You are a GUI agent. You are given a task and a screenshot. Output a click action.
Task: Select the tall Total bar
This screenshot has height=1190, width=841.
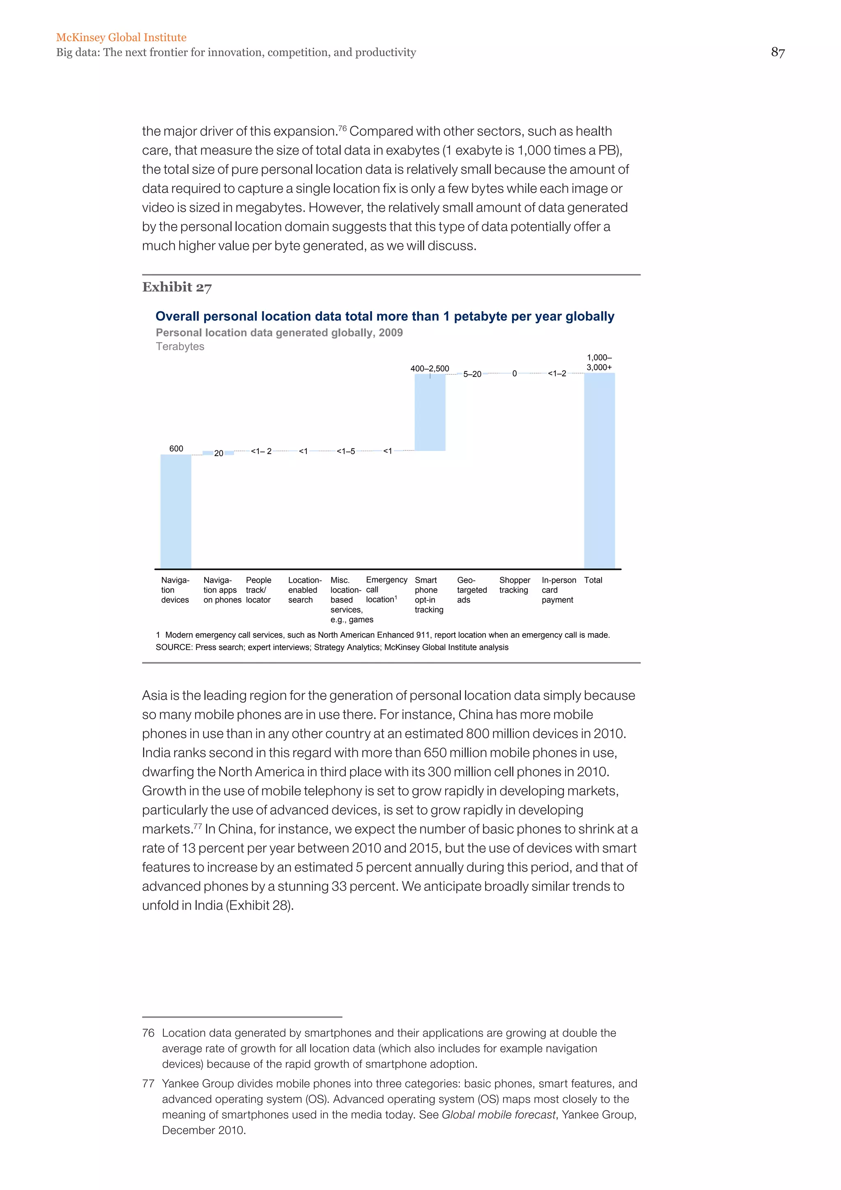click(x=599, y=470)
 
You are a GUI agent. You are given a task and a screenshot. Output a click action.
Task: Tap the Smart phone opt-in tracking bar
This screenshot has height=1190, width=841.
click(x=430, y=412)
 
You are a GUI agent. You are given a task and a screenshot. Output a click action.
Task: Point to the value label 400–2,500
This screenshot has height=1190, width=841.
click(x=430, y=369)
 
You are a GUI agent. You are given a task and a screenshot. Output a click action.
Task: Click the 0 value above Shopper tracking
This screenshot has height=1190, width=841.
click(x=514, y=374)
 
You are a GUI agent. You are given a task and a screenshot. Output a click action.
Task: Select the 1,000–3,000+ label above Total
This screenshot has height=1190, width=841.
click(x=599, y=362)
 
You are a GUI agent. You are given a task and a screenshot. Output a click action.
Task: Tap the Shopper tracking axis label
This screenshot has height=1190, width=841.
click(x=514, y=585)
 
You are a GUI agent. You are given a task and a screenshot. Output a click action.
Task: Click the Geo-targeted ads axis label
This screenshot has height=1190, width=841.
click(x=472, y=590)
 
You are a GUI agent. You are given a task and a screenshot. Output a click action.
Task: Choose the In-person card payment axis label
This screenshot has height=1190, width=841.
click(x=558, y=590)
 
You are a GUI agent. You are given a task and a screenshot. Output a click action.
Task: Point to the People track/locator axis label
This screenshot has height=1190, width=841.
click(x=258, y=590)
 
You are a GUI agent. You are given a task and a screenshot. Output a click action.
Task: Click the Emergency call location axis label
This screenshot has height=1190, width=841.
click(x=386, y=589)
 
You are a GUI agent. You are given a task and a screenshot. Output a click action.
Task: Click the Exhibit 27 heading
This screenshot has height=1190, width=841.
click(x=177, y=287)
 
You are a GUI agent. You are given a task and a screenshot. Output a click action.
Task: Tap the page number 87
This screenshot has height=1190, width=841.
click(x=778, y=52)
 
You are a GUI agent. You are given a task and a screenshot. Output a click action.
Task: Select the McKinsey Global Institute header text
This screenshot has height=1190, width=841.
click(x=121, y=37)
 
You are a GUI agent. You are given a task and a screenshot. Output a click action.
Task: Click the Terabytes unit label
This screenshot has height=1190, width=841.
click(x=180, y=346)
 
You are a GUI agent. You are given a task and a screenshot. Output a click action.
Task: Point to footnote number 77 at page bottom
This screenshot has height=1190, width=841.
click(x=148, y=1083)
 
